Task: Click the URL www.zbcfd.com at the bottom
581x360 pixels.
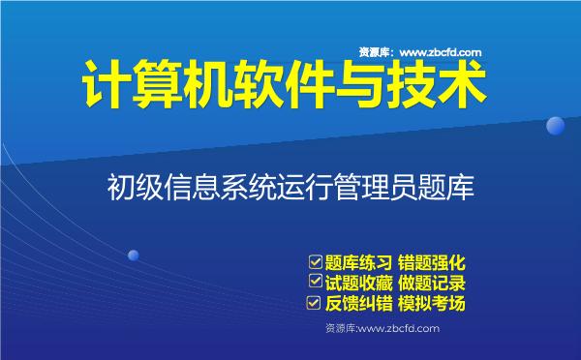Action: (x=399, y=329)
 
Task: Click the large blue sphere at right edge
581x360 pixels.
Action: (x=556, y=126)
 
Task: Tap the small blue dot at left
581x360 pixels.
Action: (x=134, y=255)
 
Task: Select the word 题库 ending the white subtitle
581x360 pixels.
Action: (x=451, y=185)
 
